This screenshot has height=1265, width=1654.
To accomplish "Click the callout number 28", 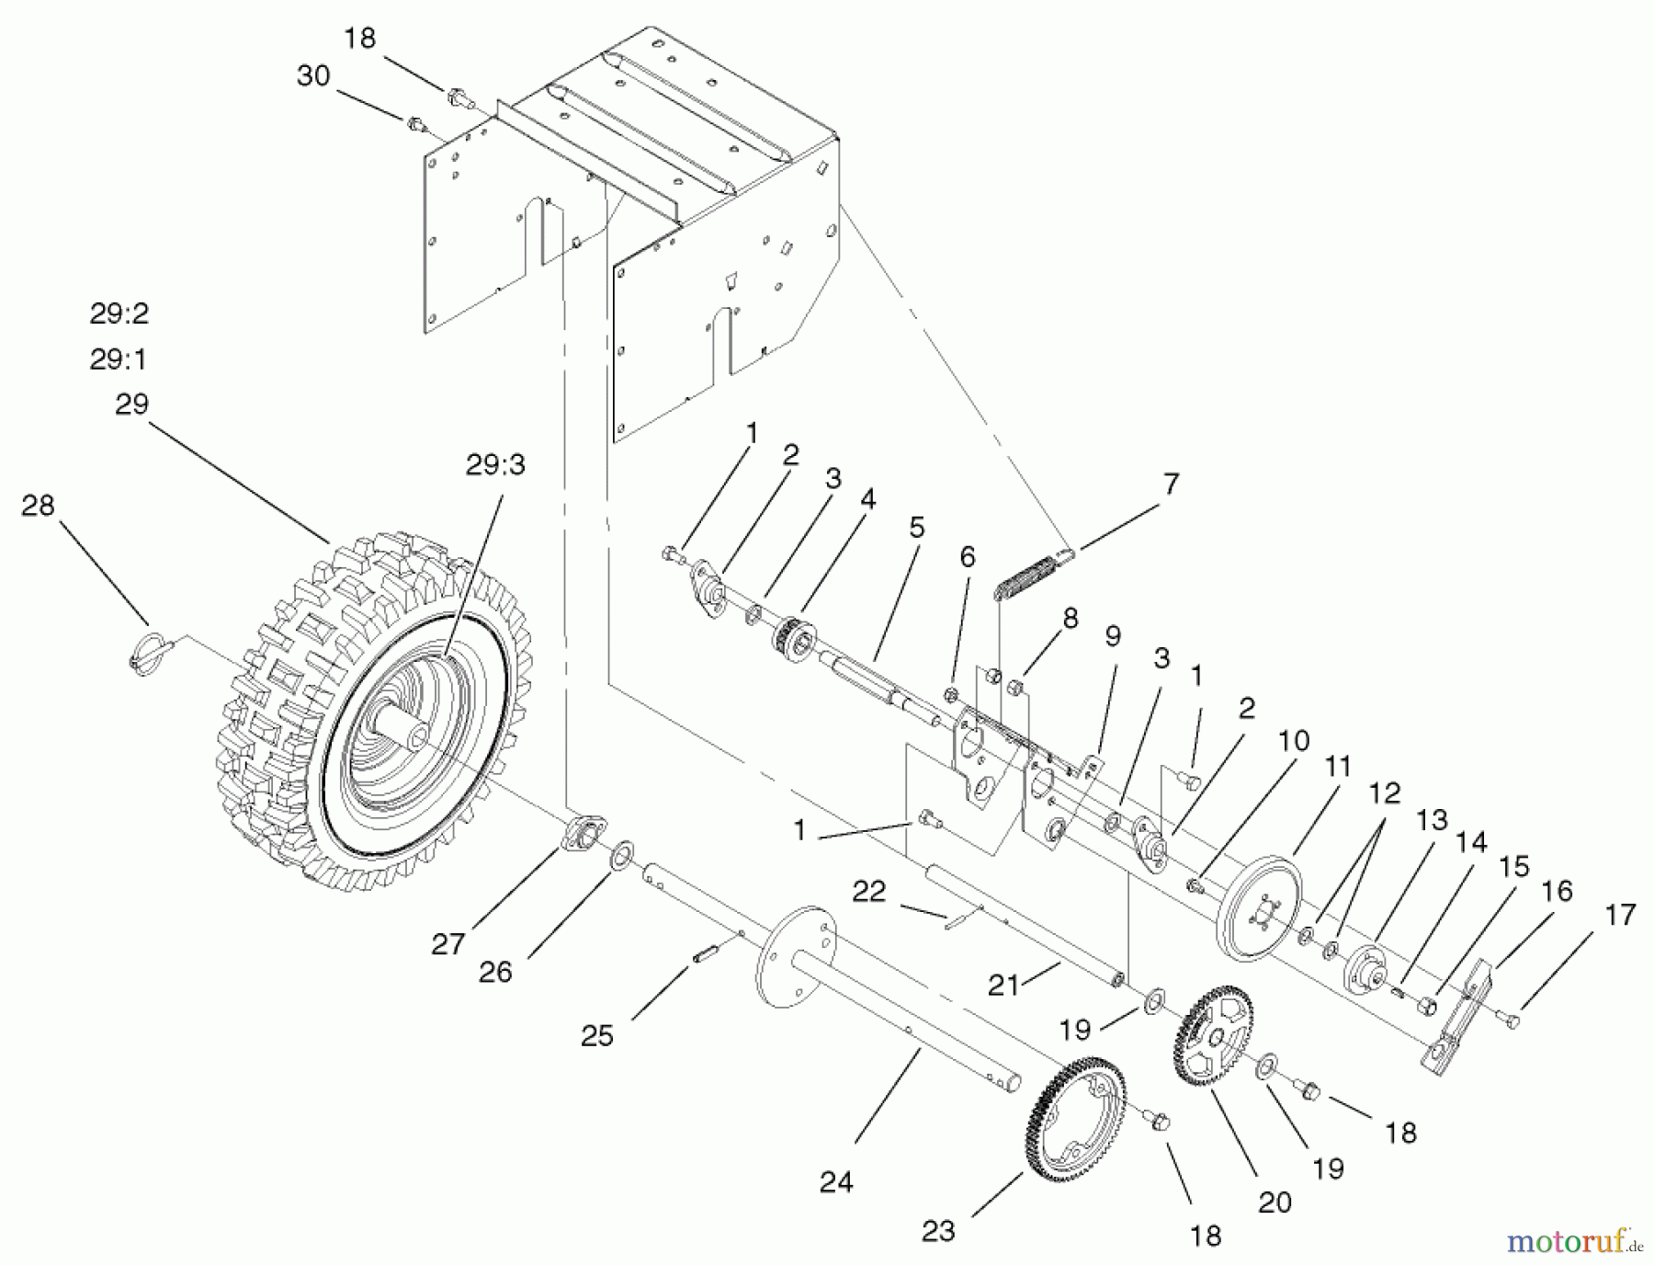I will [38, 506].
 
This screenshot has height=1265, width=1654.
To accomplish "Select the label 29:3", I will [495, 465].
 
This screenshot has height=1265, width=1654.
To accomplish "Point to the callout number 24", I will [836, 1182].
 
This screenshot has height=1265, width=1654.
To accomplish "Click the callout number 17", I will [1622, 915].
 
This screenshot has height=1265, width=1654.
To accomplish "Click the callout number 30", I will [313, 76].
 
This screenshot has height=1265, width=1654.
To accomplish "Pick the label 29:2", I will [119, 314].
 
